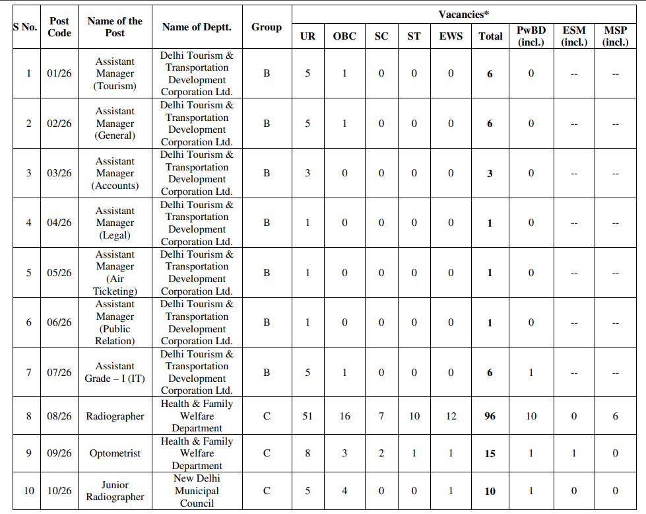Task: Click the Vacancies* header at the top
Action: click(x=463, y=14)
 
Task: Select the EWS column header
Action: click(x=451, y=36)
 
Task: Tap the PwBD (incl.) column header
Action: click(x=531, y=36)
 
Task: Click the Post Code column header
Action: click(x=59, y=27)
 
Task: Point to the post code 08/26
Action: click(x=59, y=416)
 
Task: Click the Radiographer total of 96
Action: click(x=490, y=416)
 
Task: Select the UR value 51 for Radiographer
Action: click(x=307, y=416)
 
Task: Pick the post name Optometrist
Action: click(x=115, y=454)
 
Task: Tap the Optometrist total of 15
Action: click(x=490, y=454)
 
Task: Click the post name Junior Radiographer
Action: click(x=115, y=491)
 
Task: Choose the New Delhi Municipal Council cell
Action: click(x=197, y=491)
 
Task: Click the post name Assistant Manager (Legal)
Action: click(x=115, y=223)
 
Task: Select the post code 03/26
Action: click(x=59, y=173)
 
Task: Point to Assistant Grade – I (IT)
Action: click(x=115, y=373)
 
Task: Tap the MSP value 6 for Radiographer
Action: click(x=615, y=416)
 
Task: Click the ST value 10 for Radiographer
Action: click(x=414, y=416)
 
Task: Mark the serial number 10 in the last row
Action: click(x=28, y=491)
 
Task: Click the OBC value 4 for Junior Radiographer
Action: click(x=344, y=491)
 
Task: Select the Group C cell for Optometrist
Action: click(x=267, y=454)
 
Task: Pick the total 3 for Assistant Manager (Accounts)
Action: click(x=490, y=174)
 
